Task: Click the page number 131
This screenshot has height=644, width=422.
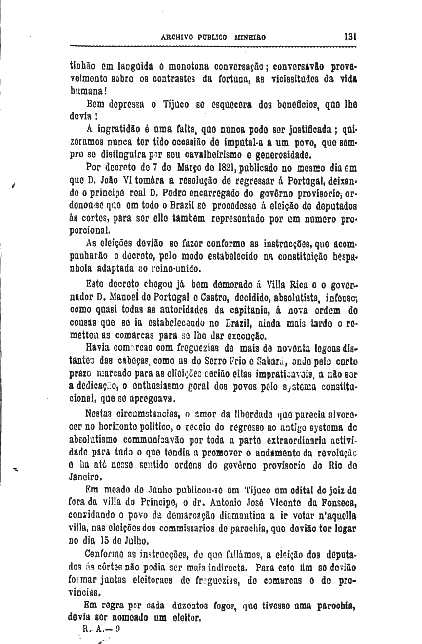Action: point(351,36)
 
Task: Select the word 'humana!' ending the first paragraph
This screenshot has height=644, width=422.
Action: point(85,92)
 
